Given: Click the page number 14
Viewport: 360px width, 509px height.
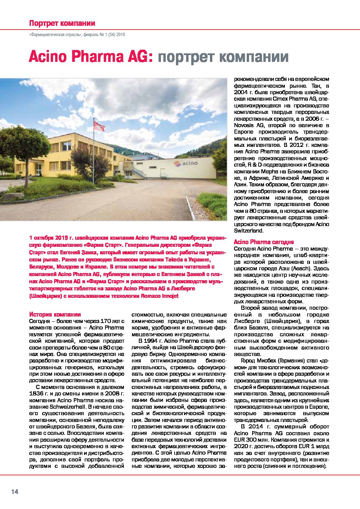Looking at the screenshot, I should click(15, 492).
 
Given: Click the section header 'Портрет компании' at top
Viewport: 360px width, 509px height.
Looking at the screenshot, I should click(62, 23).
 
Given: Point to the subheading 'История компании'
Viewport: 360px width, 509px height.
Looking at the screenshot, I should click(55, 315).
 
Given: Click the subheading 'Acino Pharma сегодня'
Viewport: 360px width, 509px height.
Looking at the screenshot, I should click(264, 242).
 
